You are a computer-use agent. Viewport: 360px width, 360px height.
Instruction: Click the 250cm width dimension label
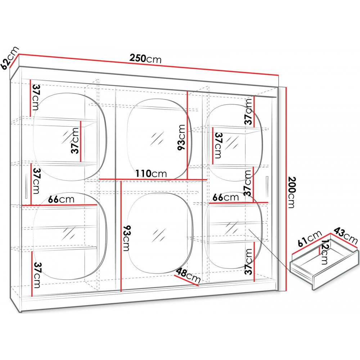coord(145,59)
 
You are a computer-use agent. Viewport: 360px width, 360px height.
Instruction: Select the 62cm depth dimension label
coord(9,58)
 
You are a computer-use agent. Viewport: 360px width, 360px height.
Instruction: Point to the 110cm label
coord(151,174)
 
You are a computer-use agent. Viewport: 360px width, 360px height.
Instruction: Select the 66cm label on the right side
coord(226,197)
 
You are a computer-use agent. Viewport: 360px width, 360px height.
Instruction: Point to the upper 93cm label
coord(181,137)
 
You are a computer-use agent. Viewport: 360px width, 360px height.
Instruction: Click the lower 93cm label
coord(126,238)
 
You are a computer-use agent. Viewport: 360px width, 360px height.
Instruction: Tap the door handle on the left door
coord(26,186)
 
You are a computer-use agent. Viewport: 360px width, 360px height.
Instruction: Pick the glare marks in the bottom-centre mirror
coord(159,235)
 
